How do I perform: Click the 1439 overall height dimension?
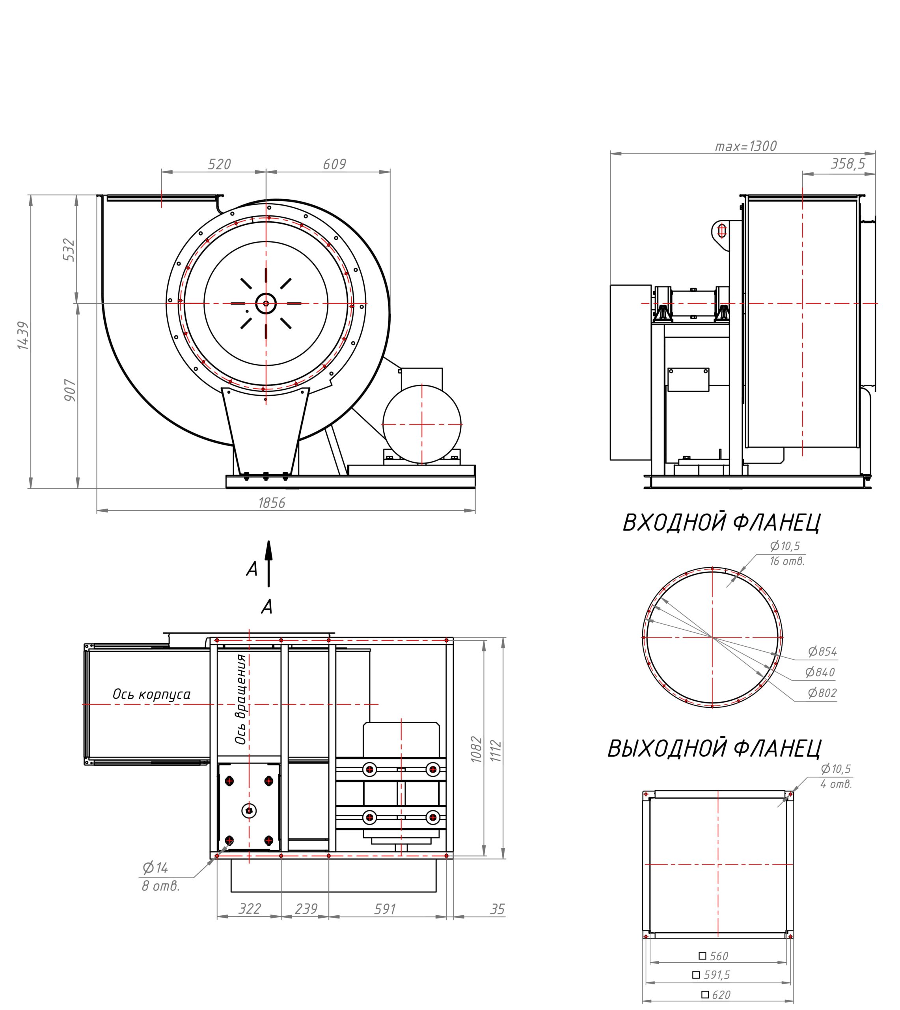click(23, 336)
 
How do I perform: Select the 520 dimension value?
click(219, 164)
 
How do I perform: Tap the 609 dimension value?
click(334, 164)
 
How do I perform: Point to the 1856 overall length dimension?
click(272, 503)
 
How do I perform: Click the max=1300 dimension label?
click(746, 146)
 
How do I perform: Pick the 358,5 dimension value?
click(848, 164)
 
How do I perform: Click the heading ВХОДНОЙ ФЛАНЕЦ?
click(721, 523)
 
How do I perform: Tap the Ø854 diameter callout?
click(822, 652)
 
